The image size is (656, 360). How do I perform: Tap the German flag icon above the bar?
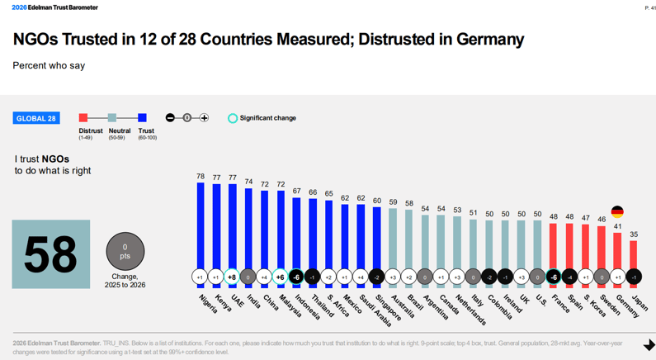click(617, 212)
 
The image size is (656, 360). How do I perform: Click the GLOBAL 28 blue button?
click(36, 118)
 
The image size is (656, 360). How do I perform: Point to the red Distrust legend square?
click(83, 118)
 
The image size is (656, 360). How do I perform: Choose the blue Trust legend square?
click(142, 118)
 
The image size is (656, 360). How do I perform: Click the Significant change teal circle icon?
click(233, 118)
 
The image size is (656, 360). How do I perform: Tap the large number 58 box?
click(51, 254)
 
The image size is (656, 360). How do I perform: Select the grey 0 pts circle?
click(125, 251)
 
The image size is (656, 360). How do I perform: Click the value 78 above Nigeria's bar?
click(200, 177)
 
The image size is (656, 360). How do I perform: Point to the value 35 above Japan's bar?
click(633, 234)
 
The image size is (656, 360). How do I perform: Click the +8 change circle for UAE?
click(232, 277)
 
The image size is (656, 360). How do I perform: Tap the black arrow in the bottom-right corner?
click(649, 345)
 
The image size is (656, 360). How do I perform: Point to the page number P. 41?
click(649, 7)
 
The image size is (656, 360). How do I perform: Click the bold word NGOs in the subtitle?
click(56, 159)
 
